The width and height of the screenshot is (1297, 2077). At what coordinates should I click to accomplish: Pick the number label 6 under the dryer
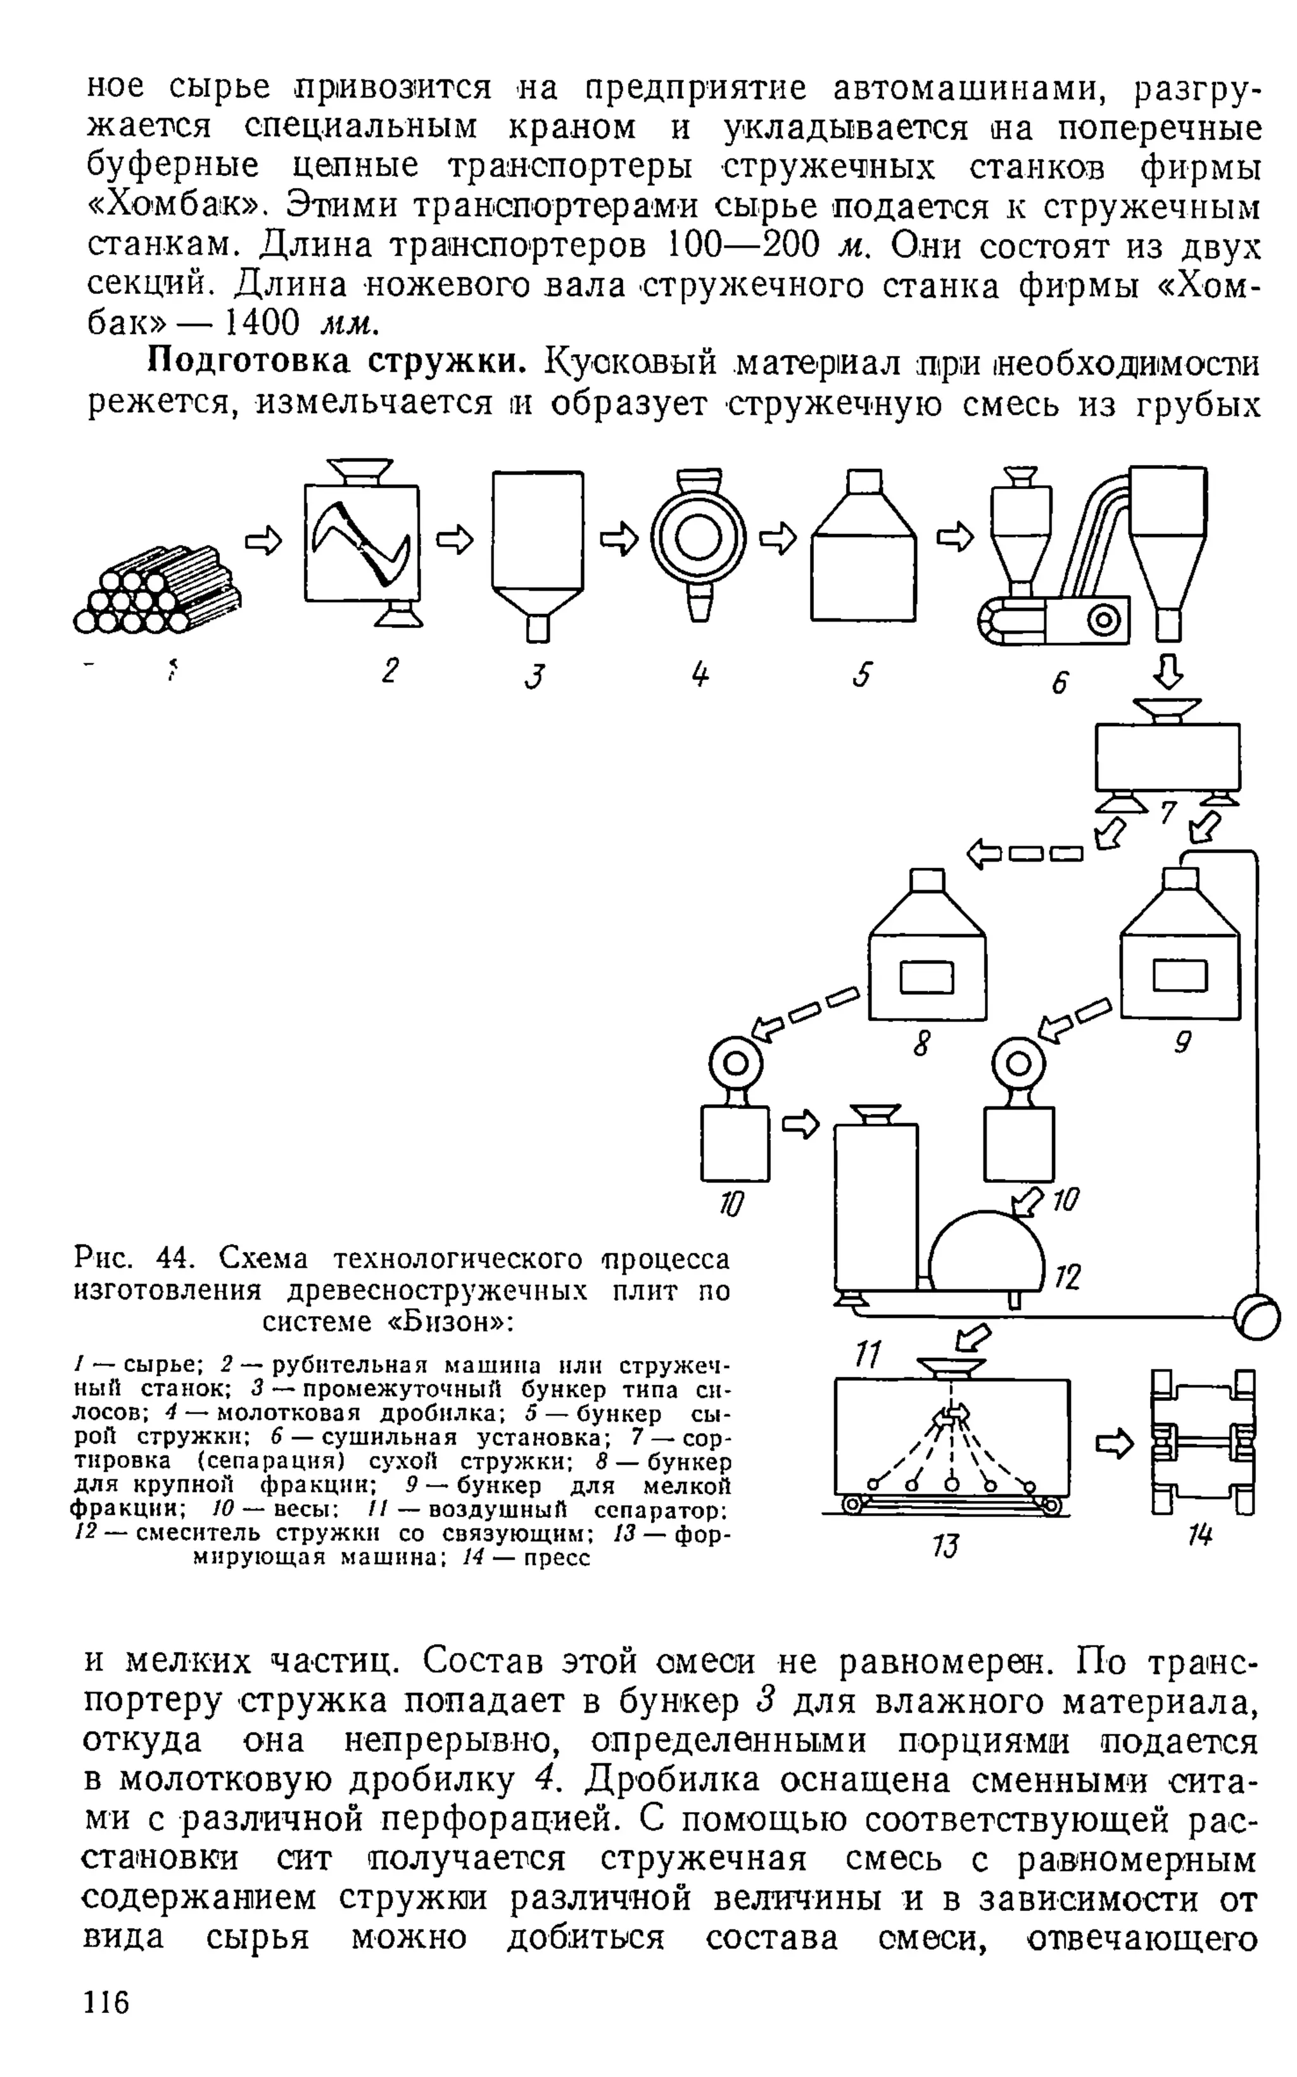(1060, 682)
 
